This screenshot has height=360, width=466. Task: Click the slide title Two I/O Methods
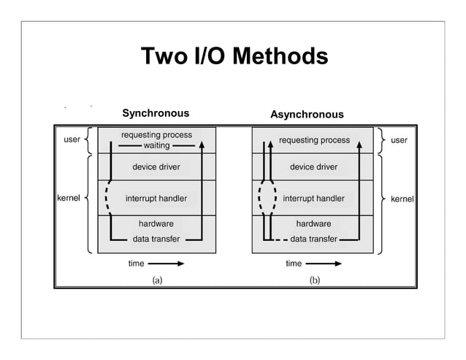coord(234,56)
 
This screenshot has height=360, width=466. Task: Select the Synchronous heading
coord(155,113)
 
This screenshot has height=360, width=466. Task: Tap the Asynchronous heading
coord(307,115)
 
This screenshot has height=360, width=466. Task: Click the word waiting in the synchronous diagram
coord(156,145)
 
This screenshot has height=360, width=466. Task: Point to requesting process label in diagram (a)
coord(156,135)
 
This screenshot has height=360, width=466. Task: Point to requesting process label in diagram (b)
coord(314,140)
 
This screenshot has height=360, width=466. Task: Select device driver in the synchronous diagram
coord(156,167)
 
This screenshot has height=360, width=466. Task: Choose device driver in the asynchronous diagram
coord(313,167)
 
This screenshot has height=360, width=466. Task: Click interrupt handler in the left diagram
coord(156,199)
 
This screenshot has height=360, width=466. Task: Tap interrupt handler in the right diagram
coord(313,199)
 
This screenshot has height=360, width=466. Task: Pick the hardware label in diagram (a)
coord(156,224)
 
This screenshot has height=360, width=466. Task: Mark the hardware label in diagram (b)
coord(313,224)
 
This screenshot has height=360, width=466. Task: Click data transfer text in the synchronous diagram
coord(156,239)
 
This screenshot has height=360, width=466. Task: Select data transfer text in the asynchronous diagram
coord(314,239)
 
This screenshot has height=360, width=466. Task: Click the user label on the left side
coord(72,139)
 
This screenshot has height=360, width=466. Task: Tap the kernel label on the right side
coord(402,199)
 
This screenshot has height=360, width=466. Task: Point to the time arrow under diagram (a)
coord(168,264)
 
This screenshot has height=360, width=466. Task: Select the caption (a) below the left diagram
coord(156,279)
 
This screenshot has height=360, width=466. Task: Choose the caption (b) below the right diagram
coord(314,279)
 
